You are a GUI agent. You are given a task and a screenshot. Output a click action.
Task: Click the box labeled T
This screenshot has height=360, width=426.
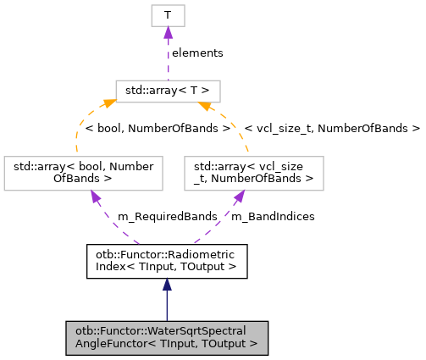[x=168, y=15]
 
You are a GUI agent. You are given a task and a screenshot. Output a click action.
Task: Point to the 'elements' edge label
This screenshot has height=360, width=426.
[x=197, y=53]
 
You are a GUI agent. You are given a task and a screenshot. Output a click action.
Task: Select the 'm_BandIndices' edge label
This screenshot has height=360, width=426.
[x=273, y=217]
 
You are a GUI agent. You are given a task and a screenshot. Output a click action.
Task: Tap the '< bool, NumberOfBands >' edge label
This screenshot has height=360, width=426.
[x=157, y=129]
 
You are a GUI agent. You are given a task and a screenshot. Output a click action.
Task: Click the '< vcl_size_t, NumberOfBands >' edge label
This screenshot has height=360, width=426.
[x=331, y=129]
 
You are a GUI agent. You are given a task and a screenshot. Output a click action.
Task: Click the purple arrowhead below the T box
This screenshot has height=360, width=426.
[x=168, y=33]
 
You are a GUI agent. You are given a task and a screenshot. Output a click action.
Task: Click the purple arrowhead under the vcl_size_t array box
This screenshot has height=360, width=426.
[x=239, y=197]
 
